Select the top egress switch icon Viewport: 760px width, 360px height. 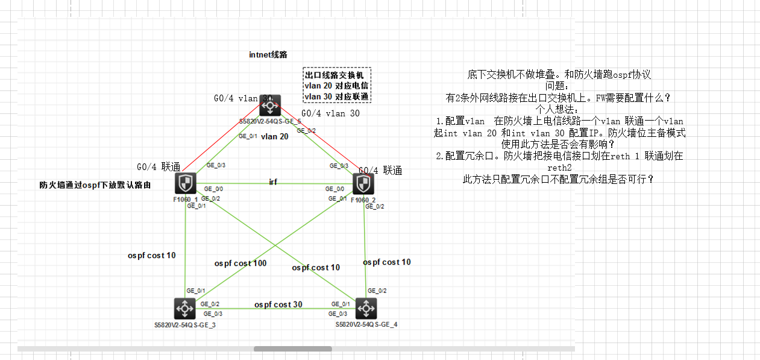point(269,106)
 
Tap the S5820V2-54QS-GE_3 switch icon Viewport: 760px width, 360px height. point(183,309)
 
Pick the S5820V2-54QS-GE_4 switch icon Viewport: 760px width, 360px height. point(365,309)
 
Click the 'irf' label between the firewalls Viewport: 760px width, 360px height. point(273,182)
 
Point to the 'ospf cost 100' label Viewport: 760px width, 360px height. point(240,263)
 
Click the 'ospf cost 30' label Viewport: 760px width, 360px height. point(278,305)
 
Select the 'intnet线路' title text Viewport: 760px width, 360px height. point(268,54)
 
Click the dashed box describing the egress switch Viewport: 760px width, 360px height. point(336,85)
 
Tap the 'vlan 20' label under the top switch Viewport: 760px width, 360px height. point(274,136)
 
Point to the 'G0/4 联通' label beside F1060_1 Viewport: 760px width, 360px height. point(159,166)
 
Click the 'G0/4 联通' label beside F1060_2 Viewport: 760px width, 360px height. point(380,171)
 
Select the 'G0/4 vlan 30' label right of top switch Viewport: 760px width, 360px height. point(330,113)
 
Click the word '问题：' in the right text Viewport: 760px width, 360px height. point(561,86)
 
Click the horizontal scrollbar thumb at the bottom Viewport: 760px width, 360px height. point(292,349)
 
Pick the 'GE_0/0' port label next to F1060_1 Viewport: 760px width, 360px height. point(215,189)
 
